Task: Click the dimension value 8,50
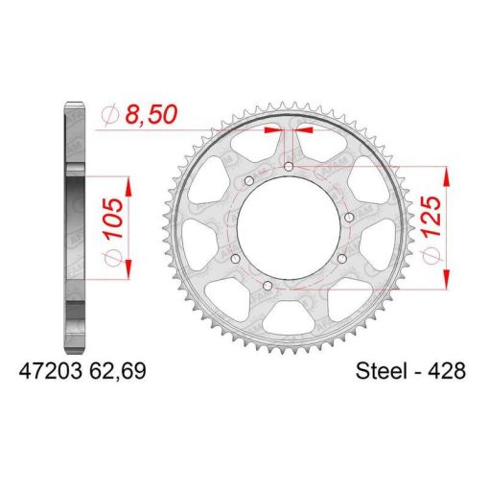151,114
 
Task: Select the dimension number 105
114,219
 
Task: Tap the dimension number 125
431,216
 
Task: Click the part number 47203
51,371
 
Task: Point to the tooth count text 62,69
118,371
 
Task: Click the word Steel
382,371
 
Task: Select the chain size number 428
447,371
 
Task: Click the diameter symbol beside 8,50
110,115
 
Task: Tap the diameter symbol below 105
114,258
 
